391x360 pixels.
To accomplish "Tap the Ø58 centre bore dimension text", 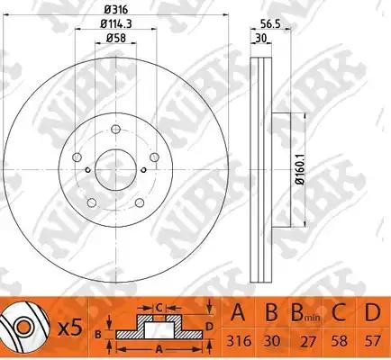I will click(114, 39).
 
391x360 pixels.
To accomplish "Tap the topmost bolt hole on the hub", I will click(114, 128).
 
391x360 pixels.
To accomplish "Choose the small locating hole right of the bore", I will click(144, 172).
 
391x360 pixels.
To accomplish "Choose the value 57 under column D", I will click(370, 342).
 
